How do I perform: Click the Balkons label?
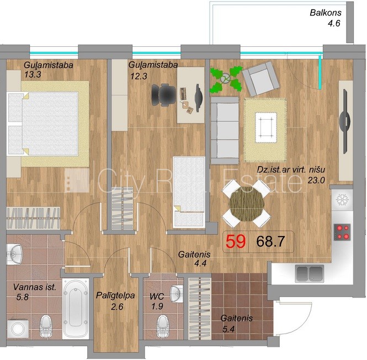(326, 13)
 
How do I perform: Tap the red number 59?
(236, 241)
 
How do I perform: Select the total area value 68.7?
(270, 241)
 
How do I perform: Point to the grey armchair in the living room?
(260, 79)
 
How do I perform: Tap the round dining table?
(247, 204)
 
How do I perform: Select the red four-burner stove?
(342, 232)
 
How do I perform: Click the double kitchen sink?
(310, 273)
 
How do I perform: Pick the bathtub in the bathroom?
(76, 308)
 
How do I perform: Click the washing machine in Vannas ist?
(18, 329)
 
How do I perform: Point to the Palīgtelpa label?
(115, 295)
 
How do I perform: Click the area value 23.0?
(316, 180)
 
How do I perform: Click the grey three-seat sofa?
(225, 130)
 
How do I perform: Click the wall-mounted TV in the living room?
(345, 121)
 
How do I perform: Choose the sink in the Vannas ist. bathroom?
(14, 254)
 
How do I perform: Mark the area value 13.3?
(33, 74)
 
